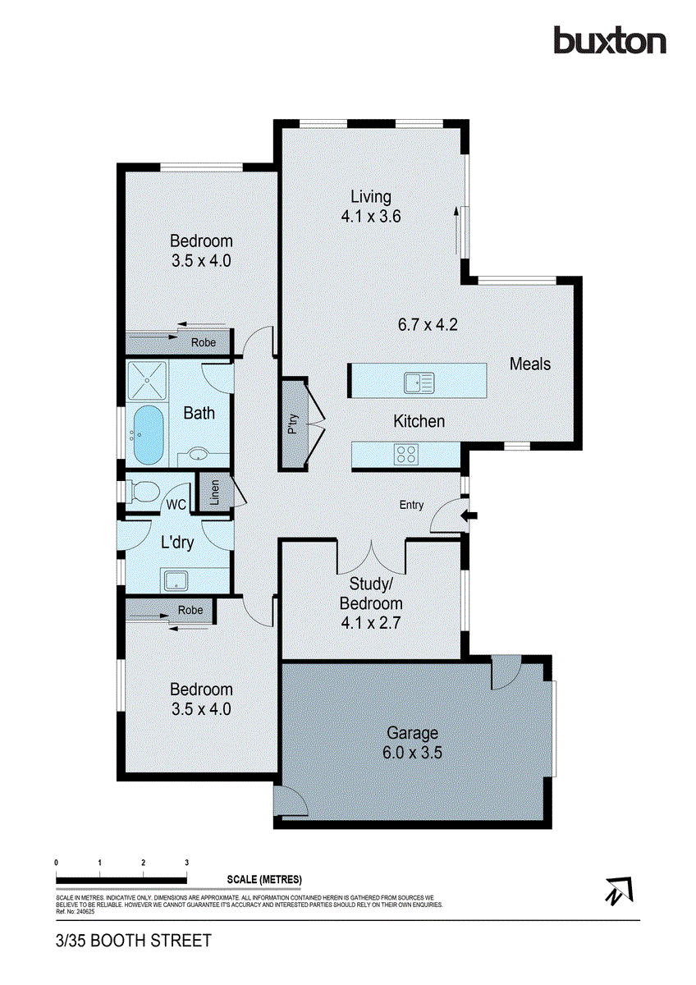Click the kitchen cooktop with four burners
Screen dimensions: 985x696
tap(406, 454)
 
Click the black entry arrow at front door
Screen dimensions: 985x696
tap(470, 515)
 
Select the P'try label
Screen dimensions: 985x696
tap(292, 425)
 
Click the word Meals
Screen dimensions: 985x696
tap(530, 364)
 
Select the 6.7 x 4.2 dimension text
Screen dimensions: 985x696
tap(427, 323)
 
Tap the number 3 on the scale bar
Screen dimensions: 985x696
tap(187, 863)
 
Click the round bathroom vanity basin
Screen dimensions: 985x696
tap(198, 453)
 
